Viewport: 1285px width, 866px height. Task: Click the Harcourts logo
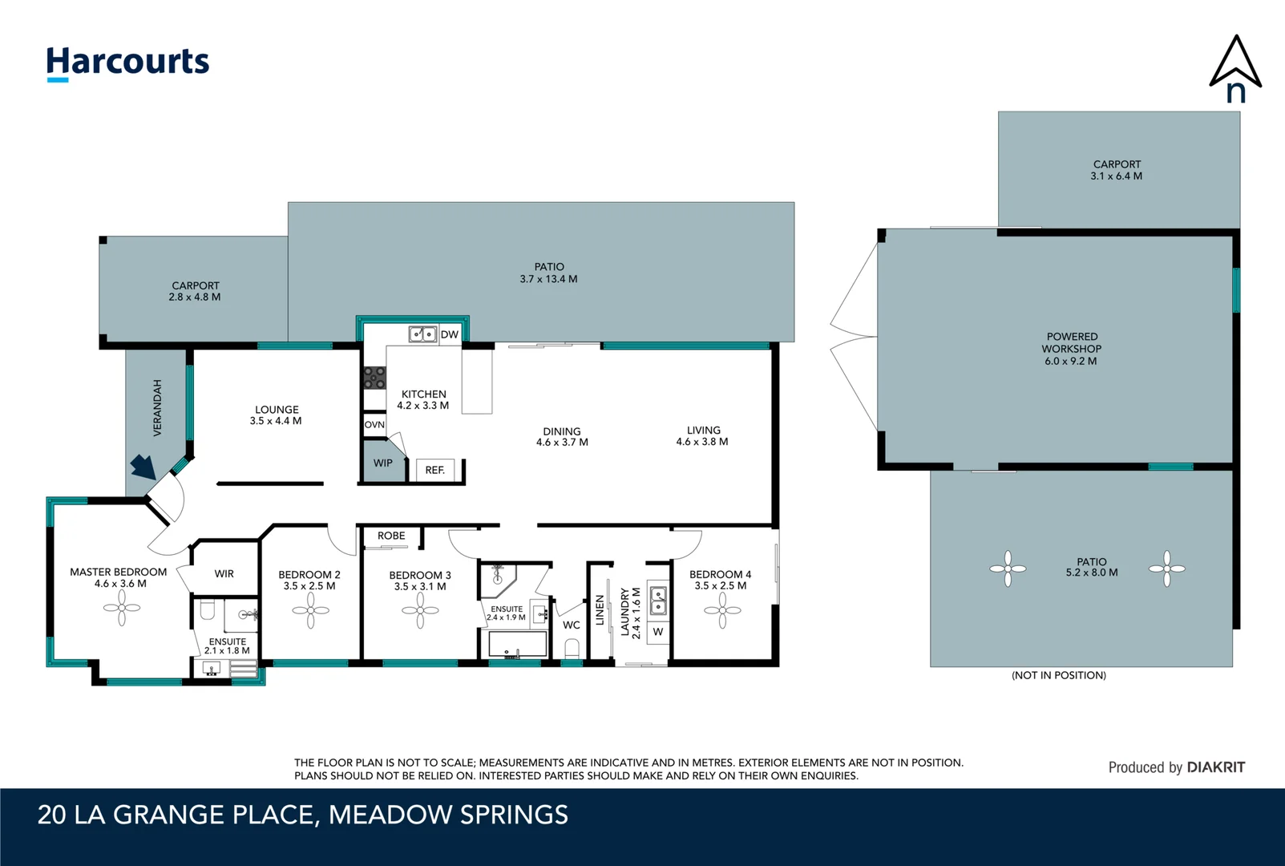[128, 63]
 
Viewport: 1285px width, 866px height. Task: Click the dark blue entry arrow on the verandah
[143, 466]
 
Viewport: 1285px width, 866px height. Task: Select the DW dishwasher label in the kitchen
[450, 334]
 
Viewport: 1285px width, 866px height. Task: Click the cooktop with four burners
[374, 378]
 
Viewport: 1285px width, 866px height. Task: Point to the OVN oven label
[374, 425]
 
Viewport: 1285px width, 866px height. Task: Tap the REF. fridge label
[434, 470]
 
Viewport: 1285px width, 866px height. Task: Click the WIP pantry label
[382, 463]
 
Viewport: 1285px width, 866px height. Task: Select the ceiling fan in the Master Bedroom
[122, 608]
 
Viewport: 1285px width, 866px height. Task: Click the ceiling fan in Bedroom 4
[722, 610]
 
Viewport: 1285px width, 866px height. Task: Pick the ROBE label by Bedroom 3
[391, 536]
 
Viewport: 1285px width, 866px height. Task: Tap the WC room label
[572, 625]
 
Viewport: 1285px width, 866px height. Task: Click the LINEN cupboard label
[600, 610]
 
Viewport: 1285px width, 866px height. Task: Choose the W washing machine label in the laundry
[658, 632]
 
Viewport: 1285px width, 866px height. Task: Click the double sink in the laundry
[658, 601]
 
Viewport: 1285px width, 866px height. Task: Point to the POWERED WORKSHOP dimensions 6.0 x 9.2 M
[1070, 362]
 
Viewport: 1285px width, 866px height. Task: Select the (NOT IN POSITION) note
[1059, 675]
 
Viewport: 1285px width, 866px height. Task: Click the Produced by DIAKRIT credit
[1177, 767]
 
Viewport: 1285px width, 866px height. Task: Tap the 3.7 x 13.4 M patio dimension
[548, 280]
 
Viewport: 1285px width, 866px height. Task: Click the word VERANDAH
[158, 407]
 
